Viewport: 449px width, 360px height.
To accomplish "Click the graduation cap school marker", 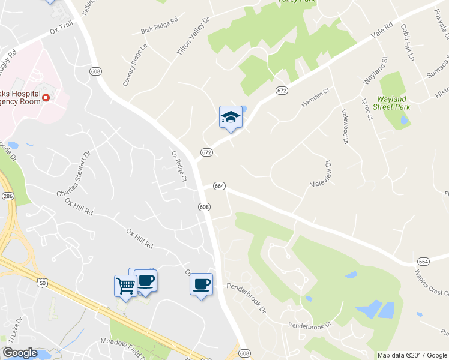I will (x=231, y=116).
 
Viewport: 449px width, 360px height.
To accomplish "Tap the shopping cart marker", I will (x=125, y=285).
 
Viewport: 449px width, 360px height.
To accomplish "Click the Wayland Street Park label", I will (x=392, y=103).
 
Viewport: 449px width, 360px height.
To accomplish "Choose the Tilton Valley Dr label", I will (x=193, y=37).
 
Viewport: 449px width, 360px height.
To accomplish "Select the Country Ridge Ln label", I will (x=134, y=65).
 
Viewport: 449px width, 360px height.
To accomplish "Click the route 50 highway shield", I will (x=41, y=282).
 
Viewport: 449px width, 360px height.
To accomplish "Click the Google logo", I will (x=20, y=353).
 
